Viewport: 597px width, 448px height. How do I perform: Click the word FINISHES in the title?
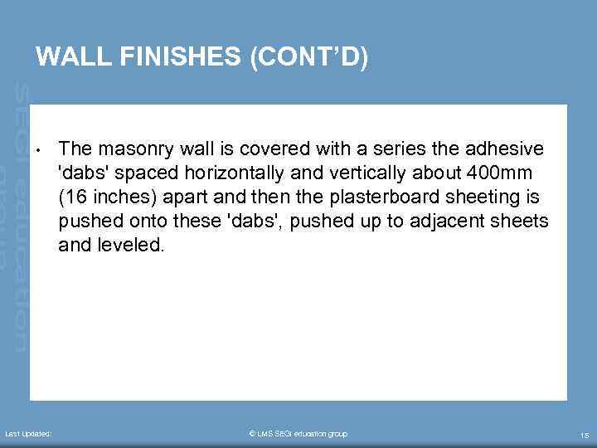(177, 56)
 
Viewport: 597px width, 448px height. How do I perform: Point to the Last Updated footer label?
(29, 434)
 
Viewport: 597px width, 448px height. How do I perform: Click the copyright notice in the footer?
(298, 434)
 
